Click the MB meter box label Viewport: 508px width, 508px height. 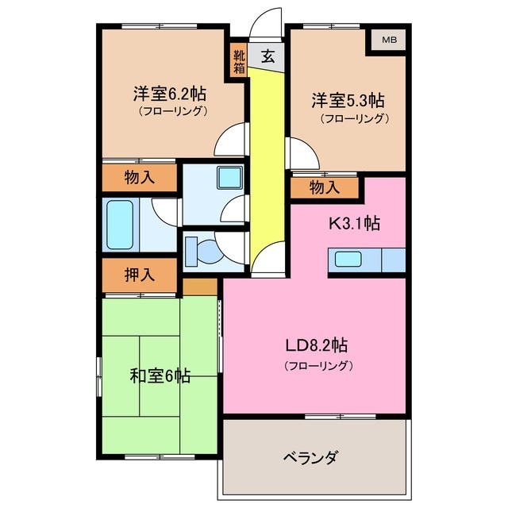coord(388,40)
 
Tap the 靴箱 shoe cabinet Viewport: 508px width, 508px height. coord(239,63)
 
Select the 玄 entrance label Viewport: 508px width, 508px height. coord(268,57)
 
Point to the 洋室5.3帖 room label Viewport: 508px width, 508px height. coord(347,101)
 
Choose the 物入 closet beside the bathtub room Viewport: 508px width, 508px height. coord(139,178)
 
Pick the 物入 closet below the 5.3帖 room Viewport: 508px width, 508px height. coord(324,187)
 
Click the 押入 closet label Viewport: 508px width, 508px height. coord(139,275)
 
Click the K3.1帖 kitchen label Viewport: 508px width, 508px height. coord(355,224)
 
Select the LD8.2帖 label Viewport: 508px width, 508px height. coord(317,346)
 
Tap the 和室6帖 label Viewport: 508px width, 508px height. coord(160,375)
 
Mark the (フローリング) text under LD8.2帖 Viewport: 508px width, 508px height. coord(317,366)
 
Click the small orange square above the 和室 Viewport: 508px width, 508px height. coord(200,286)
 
